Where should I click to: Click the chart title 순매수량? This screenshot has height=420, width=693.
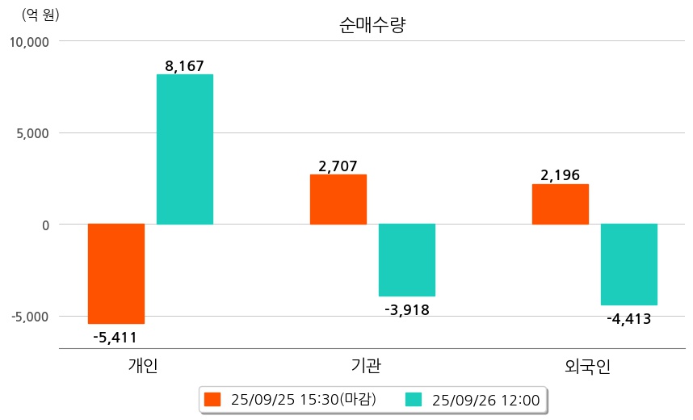(372, 25)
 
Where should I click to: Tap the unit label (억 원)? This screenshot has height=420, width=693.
(40, 14)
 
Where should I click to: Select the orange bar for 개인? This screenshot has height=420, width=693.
(116, 274)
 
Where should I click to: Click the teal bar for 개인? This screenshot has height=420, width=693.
(185, 149)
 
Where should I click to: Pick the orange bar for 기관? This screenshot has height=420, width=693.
(338, 199)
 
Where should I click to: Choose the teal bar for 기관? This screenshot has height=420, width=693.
(407, 260)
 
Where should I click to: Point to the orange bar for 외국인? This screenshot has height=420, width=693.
(561, 204)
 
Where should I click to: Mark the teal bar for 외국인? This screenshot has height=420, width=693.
(629, 265)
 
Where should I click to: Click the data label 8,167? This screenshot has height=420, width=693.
(184, 66)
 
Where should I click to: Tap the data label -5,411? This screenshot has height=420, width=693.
(115, 337)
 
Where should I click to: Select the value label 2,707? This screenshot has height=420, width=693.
(338, 166)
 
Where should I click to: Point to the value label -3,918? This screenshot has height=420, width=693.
(407, 309)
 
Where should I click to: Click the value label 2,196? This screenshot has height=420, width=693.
(561, 175)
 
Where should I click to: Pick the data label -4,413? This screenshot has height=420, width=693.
(629, 318)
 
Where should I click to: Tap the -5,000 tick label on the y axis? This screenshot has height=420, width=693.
(31, 317)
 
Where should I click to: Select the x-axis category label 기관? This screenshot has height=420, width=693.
(367, 365)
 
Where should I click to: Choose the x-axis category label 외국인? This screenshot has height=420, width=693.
(588, 365)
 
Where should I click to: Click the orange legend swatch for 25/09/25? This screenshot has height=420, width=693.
(212, 400)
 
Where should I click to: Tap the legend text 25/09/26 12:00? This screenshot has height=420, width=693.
(486, 400)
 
